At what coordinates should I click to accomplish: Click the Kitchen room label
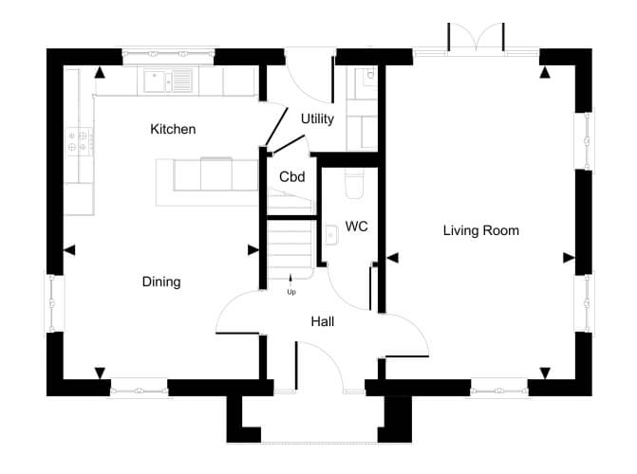tap(173, 129)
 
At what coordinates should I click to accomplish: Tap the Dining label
tap(161, 283)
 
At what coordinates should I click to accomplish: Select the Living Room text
tap(481, 230)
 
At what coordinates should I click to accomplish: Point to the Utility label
tap(317, 118)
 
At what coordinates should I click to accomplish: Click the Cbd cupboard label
tap(292, 177)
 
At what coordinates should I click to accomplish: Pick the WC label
tap(357, 226)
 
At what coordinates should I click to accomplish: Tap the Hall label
tap(323, 321)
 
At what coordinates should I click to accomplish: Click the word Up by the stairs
tap(291, 292)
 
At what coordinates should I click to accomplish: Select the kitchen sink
tap(168, 81)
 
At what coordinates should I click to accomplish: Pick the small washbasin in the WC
tap(331, 235)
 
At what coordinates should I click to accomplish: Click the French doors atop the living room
tap(476, 38)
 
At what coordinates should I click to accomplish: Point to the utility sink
tap(366, 78)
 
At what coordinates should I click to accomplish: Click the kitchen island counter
tap(207, 182)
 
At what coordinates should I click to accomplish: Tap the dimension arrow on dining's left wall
tap(69, 250)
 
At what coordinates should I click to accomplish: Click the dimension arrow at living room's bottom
tap(545, 374)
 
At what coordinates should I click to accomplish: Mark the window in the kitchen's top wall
tap(168, 54)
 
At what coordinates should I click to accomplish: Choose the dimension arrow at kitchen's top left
tap(100, 73)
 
